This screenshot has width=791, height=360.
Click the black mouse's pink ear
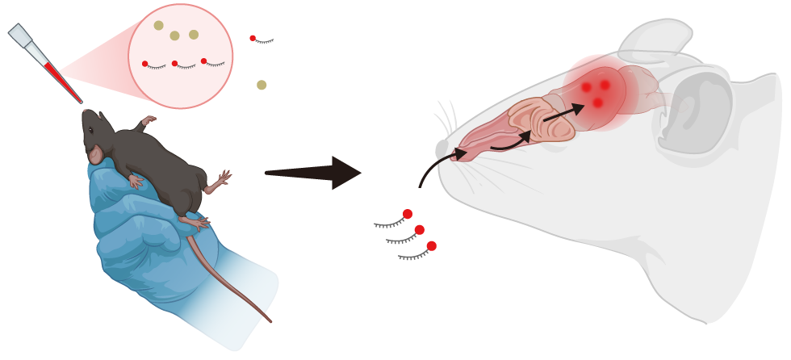(x=95, y=153)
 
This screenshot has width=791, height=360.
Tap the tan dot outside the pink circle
(x=262, y=85)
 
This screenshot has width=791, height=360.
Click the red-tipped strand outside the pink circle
(x=262, y=40)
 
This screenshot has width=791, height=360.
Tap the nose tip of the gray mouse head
(x=442, y=150)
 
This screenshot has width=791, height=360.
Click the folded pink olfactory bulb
(x=538, y=121)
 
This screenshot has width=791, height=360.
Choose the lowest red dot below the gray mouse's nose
(x=432, y=245)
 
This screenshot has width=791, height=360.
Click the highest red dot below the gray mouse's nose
(x=408, y=214)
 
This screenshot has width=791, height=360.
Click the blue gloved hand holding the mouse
(x=137, y=234)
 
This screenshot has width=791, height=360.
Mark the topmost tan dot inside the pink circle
(x=158, y=26)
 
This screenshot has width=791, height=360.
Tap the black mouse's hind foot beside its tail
(x=195, y=220)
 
